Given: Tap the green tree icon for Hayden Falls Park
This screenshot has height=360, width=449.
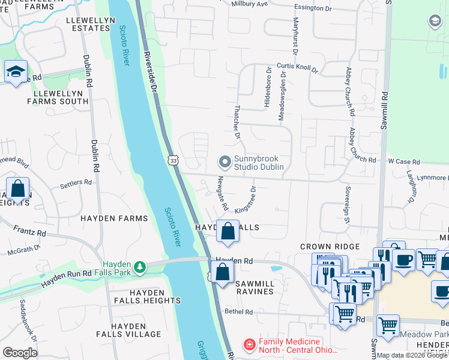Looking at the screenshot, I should pyautogui.click(x=139, y=266).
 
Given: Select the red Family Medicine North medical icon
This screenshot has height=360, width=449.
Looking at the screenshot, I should pyautogui.click(x=248, y=344).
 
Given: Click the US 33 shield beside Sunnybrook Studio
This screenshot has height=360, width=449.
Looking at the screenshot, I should pyautogui.click(x=173, y=161).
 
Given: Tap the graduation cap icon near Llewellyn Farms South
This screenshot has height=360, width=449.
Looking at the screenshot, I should pyautogui.click(x=15, y=72).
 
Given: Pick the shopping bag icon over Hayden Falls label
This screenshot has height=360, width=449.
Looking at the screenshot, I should pyautogui.click(x=228, y=231).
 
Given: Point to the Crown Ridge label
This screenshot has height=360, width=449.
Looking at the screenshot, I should pyautogui.click(x=330, y=247).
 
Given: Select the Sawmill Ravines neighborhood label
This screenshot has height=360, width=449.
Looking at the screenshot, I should pyautogui.click(x=246, y=287).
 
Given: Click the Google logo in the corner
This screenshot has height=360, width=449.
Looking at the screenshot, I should pyautogui.click(x=20, y=352).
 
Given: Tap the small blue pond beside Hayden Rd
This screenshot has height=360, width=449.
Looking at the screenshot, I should pyautogui.click(x=276, y=268).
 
